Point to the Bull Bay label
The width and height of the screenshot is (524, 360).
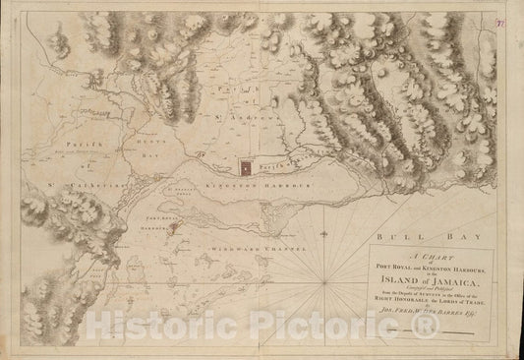click(403, 236)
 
